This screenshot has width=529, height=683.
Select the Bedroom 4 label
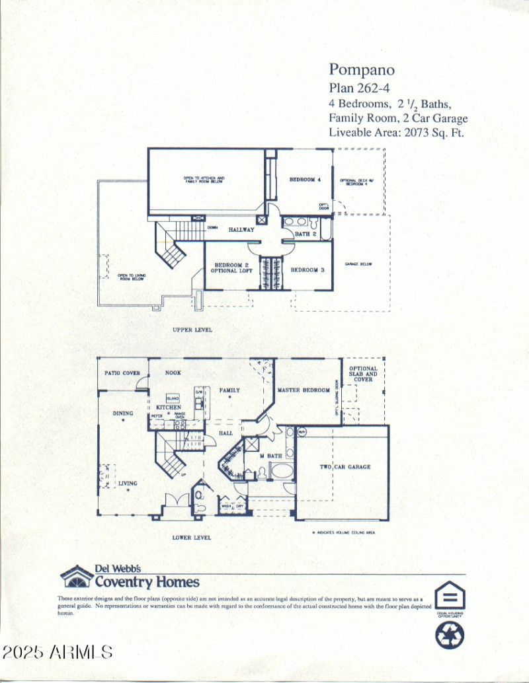305,180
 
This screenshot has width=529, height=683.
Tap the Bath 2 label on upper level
306,234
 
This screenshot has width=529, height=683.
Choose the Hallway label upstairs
241,230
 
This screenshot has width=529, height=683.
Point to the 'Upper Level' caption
192,330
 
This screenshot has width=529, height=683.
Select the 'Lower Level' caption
192,538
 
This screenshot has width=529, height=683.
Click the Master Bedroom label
304,390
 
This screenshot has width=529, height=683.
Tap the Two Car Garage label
345,467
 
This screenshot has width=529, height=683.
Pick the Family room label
229,390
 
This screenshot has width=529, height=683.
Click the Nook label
173,373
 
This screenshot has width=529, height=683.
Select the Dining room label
123,413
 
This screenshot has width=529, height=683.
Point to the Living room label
128,484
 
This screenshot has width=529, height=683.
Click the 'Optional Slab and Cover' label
363,374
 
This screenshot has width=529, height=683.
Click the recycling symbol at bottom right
450,635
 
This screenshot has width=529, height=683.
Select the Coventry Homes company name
147,582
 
